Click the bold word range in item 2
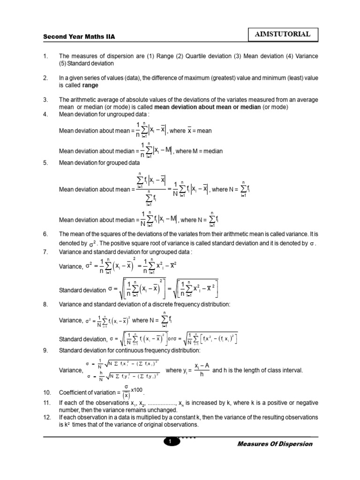tap(90, 86)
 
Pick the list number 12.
tap(46, 417)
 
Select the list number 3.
tap(45, 100)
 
